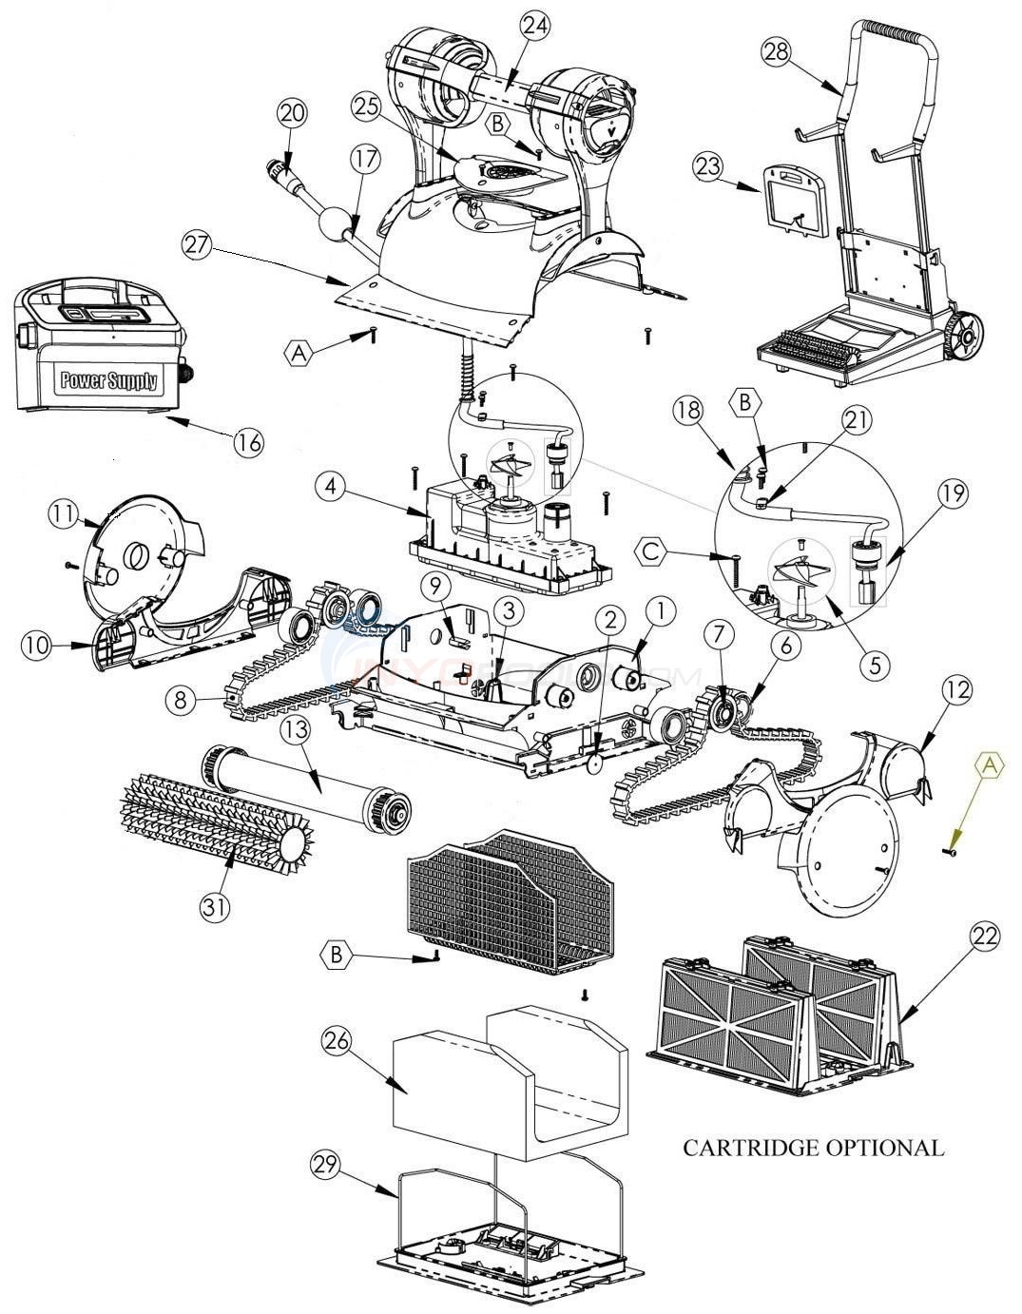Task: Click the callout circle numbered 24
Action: tap(535, 28)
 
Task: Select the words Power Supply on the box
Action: tap(109, 381)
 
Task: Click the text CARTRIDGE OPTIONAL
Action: tap(813, 1148)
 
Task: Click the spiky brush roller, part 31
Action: tap(214, 817)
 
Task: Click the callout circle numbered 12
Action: tap(957, 691)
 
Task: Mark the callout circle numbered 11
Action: tap(63, 514)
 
